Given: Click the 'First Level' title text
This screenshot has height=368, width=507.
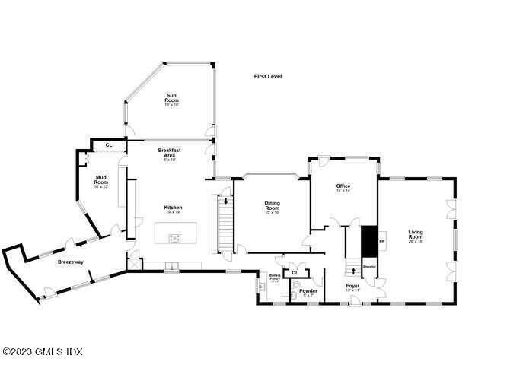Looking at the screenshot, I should [268, 76].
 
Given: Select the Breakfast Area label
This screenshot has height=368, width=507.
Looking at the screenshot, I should [169, 154].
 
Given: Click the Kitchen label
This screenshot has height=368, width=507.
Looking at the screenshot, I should [173, 208].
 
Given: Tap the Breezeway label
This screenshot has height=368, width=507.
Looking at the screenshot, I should [70, 262].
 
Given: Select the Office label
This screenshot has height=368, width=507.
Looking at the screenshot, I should [343, 186].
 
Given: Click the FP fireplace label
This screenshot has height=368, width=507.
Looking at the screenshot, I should [382, 241].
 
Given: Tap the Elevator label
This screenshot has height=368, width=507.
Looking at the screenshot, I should [370, 267].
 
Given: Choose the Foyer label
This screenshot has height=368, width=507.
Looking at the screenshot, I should [353, 287].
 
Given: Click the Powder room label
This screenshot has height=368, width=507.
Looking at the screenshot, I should [308, 292].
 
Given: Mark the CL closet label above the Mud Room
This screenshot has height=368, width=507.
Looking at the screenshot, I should [109, 144].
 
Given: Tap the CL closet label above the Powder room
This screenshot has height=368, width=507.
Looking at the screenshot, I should [295, 271].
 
